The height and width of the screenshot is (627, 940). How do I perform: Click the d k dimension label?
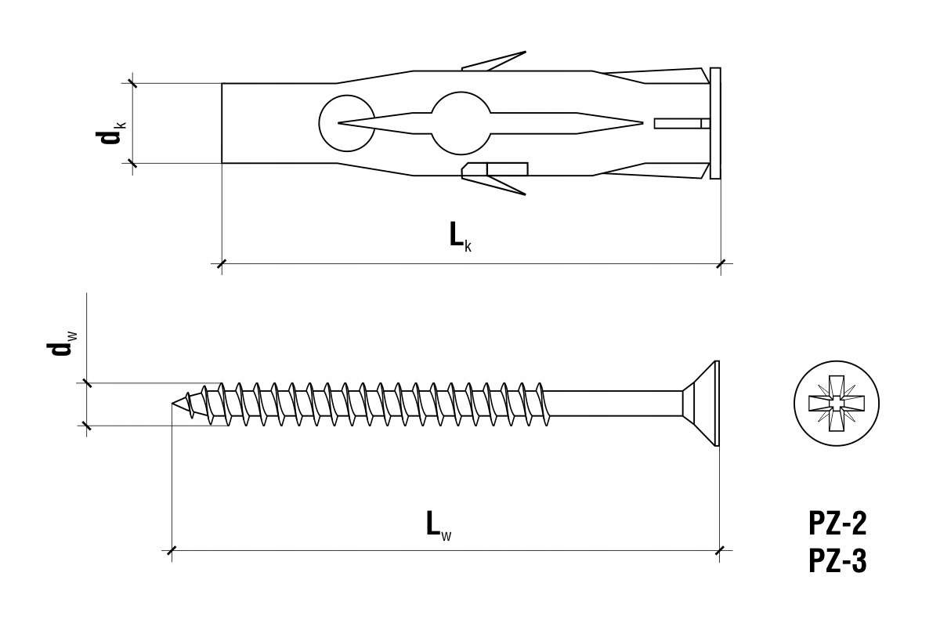(x=110, y=132)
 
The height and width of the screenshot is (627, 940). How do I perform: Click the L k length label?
(x=461, y=237)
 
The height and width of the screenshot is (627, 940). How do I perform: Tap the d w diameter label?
(x=62, y=344)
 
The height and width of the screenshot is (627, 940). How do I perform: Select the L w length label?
(x=439, y=525)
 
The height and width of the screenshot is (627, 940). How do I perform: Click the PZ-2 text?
(x=837, y=524)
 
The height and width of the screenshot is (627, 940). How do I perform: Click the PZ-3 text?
(x=837, y=561)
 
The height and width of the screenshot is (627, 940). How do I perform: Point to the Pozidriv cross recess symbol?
(x=837, y=404)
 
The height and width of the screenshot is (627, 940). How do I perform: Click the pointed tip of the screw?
(x=172, y=404)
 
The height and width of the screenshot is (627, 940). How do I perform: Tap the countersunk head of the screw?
(x=701, y=403)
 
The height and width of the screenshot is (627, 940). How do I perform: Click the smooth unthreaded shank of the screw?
(x=614, y=403)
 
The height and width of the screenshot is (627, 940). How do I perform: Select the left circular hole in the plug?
(x=346, y=123)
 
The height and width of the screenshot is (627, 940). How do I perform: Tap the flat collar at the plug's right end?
(x=715, y=123)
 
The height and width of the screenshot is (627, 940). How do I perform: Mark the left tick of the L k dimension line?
(x=222, y=264)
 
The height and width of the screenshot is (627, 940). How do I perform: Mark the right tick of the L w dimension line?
(x=720, y=550)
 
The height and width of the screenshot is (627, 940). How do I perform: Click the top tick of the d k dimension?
(x=132, y=83)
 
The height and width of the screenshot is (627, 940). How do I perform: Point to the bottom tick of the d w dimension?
(x=87, y=426)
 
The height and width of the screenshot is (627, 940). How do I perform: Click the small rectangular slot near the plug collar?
(x=682, y=124)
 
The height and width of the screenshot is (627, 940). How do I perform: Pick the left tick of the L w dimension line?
(x=172, y=550)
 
